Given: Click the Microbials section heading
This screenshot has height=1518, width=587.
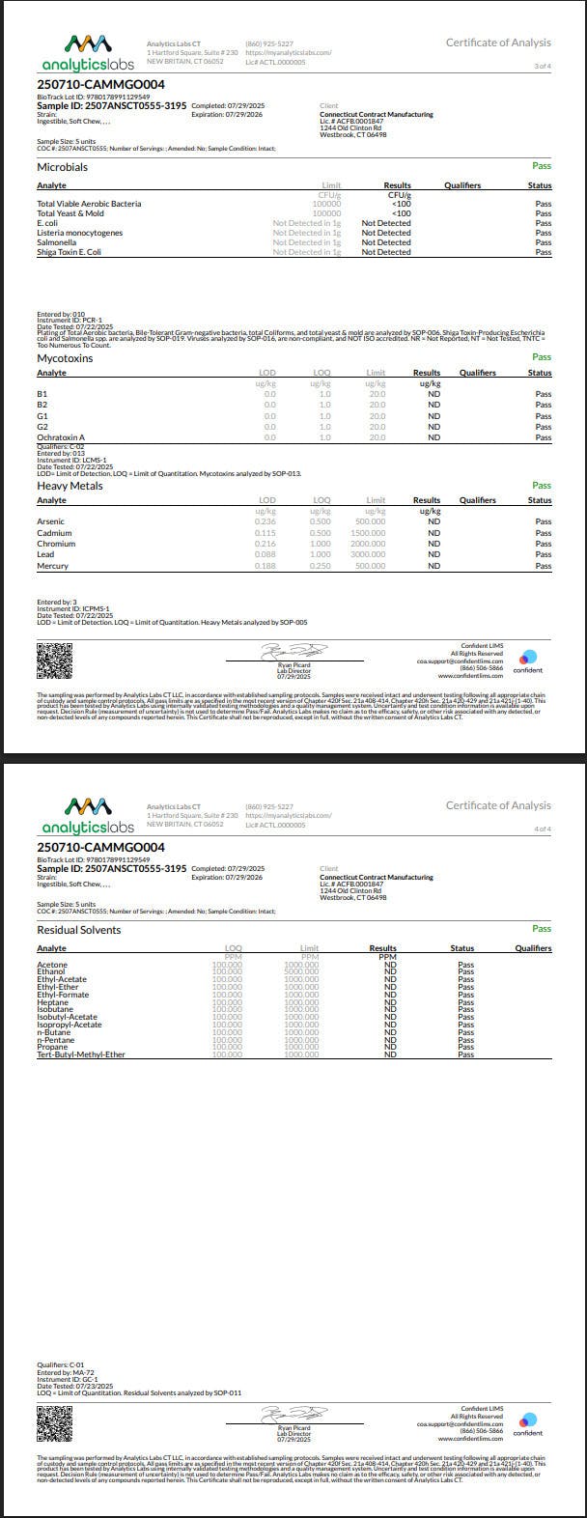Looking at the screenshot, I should pos(62,167).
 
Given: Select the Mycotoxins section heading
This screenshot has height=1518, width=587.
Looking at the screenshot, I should pos(64,358).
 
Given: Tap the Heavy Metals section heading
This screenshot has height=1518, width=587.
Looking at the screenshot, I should pos(69,486).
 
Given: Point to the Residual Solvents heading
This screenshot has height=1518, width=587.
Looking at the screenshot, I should pos(78,930).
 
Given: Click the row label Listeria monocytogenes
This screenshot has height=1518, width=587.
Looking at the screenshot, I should pos(85,233).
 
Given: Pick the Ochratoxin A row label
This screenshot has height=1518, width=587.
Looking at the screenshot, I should pos(61,437).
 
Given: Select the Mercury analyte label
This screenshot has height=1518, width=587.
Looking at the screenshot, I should pos(52,566).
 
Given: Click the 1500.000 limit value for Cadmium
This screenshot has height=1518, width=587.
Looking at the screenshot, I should pos(368,533).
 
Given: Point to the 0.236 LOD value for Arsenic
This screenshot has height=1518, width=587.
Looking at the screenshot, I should pos(266,521).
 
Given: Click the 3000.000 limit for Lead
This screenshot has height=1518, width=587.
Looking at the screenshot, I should pos(368,554).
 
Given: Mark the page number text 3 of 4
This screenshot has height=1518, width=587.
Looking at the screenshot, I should pos(543,66).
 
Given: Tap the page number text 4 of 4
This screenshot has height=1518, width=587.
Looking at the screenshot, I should pos(543,829).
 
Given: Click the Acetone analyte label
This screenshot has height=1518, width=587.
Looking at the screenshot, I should pos(52,965).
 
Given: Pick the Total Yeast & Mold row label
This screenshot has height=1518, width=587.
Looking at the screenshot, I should pos(74,213).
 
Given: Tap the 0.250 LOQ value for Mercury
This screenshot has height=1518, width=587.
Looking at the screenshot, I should pos(321,566).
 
